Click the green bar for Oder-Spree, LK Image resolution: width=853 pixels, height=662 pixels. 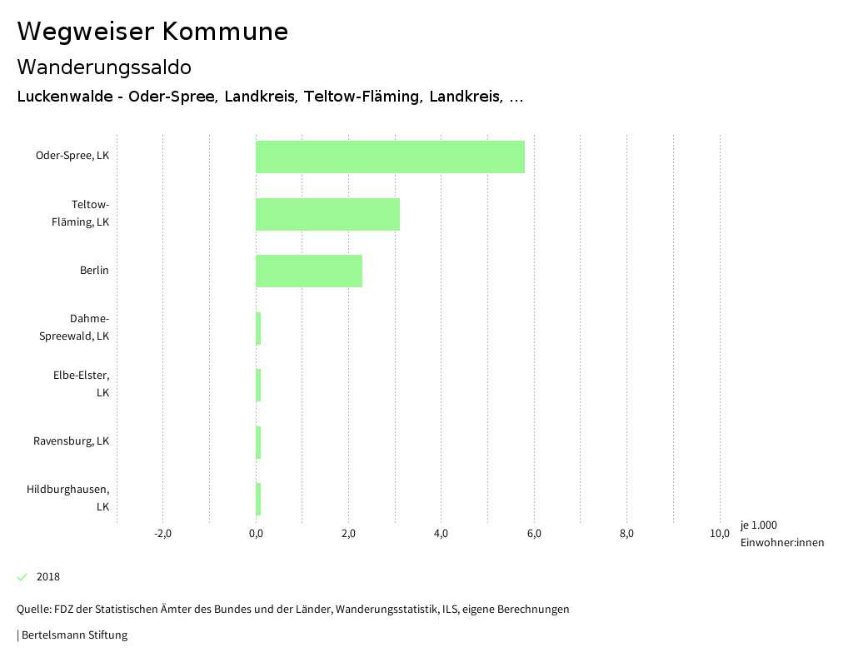(x=390, y=157)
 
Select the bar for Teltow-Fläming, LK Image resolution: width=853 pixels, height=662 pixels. (x=327, y=214)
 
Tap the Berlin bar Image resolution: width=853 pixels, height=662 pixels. (x=308, y=271)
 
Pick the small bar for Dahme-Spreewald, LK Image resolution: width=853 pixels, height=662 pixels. (x=258, y=328)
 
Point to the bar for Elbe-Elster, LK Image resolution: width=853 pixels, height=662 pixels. (x=258, y=385)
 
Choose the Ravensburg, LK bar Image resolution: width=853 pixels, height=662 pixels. (x=258, y=442)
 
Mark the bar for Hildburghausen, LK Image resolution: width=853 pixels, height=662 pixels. (x=258, y=499)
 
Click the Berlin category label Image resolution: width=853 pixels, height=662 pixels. (x=94, y=271)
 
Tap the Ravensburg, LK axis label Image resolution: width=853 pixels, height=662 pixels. (x=72, y=441)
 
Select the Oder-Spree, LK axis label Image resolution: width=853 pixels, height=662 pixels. (x=72, y=156)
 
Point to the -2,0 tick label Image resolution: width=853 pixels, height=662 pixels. (x=162, y=534)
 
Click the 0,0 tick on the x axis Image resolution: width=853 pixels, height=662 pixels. (x=256, y=534)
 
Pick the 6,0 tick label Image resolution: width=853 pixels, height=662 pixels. (x=534, y=534)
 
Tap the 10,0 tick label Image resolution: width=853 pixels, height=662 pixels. (x=720, y=534)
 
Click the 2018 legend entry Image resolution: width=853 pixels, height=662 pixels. (x=48, y=577)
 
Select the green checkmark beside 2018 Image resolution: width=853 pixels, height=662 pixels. (x=22, y=577)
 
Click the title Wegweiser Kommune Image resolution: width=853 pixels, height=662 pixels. (x=152, y=32)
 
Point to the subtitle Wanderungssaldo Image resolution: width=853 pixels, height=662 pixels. (x=104, y=67)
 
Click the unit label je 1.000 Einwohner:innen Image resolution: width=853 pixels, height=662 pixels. (x=781, y=534)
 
